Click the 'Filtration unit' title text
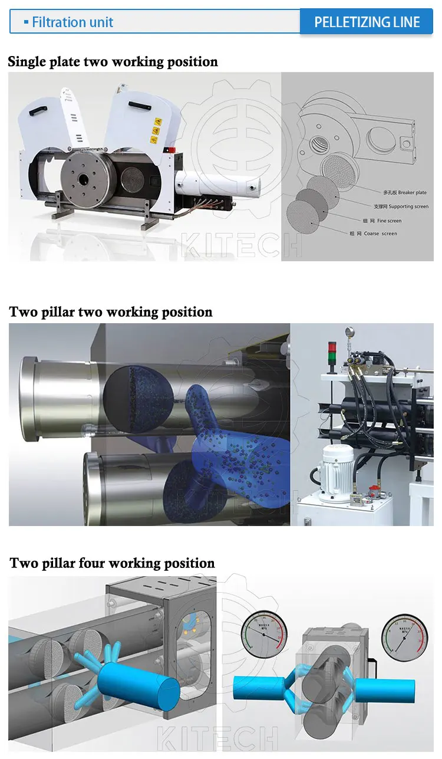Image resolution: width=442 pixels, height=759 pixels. (72, 22)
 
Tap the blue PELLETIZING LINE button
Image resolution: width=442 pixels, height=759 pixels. (367, 22)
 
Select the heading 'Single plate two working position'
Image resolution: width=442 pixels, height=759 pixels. (113, 62)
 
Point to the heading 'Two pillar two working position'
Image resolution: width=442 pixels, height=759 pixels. (111, 312)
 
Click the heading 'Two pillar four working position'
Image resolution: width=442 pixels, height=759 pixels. (112, 563)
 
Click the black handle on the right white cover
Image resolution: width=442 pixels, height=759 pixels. (141, 106)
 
